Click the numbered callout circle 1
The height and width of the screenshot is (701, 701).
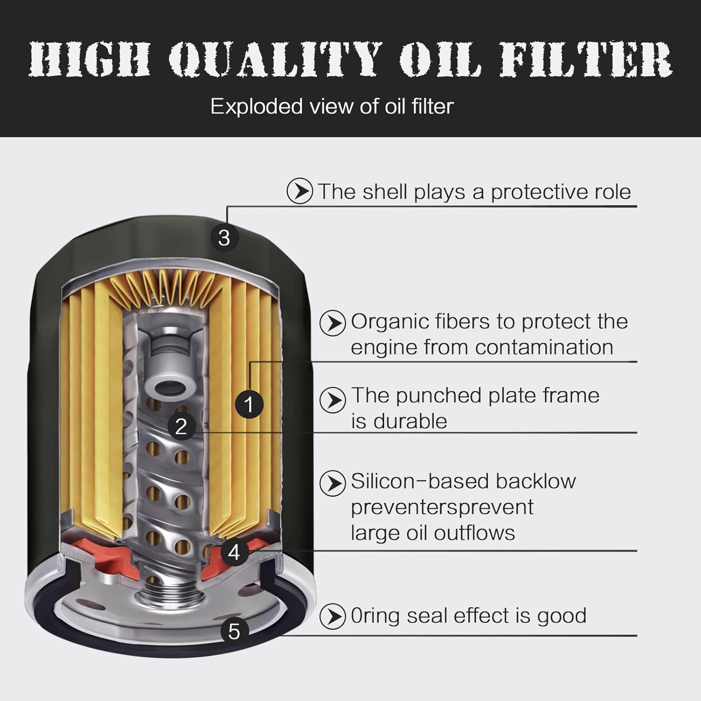pyautogui.click(x=249, y=404)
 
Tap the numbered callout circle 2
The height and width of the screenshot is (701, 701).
pyautogui.click(x=181, y=426)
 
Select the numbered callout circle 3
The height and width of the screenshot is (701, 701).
pyautogui.click(x=224, y=237)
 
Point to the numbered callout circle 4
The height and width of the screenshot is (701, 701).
pyautogui.click(x=234, y=552)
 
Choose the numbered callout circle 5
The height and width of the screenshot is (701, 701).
pyautogui.click(x=234, y=631)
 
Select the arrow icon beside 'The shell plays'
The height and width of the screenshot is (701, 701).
pyautogui.click(x=300, y=191)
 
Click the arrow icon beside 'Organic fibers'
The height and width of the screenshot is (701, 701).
pyautogui.click(x=333, y=322)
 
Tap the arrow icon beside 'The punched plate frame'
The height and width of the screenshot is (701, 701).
pyautogui.click(x=333, y=400)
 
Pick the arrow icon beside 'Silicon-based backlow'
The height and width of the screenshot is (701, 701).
pyautogui.click(x=333, y=483)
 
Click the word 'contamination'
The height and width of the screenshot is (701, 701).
pyautogui.click(x=544, y=347)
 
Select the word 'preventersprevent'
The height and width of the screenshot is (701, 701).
pyautogui.click(x=442, y=507)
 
